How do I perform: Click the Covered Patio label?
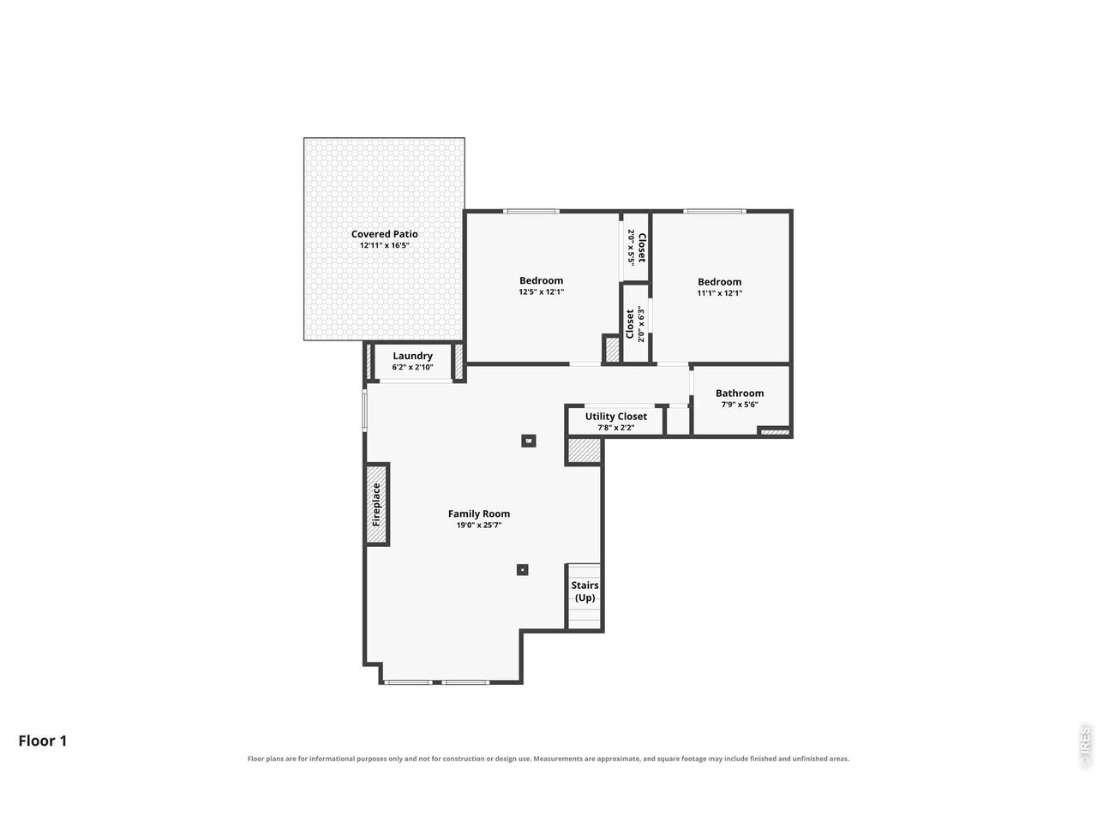tap(384, 234)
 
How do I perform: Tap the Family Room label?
tap(478, 514)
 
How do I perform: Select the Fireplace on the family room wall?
tap(377, 504)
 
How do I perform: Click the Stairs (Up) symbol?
tap(584, 596)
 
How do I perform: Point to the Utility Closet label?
tap(615, 417)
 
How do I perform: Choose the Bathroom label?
tap(739, 393)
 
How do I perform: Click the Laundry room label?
tap(412, 356)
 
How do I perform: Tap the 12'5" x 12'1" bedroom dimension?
tap(541, 291)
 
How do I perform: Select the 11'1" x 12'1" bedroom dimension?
tap(719, 293)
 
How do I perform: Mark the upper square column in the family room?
tap(528, 441)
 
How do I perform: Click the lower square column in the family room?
tap(522, 569)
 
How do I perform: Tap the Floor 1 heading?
tap(43, 741)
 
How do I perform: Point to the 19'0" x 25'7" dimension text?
tap(479, 526)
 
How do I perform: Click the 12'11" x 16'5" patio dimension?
tap(384, 245)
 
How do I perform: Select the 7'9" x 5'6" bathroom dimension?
tap(739, 405)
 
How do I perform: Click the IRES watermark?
tap(1084, 747)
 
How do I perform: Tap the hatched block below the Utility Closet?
tap(584, 451)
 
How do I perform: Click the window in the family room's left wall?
tap(365, 411)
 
